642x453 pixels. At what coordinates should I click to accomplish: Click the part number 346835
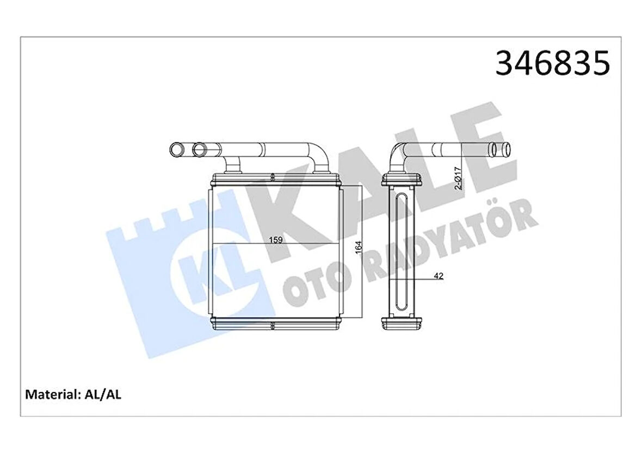point(552,64)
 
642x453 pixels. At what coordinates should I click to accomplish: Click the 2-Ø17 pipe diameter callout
point(458,177)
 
